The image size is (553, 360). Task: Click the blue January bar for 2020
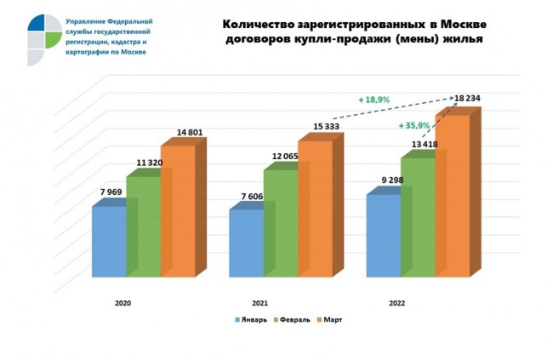[109, 242]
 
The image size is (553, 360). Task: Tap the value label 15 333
[314, 127]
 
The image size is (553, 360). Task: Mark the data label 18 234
[466, 98]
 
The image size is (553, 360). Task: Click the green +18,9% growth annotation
[374, 100]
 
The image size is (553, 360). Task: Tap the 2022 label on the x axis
[397, 302]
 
